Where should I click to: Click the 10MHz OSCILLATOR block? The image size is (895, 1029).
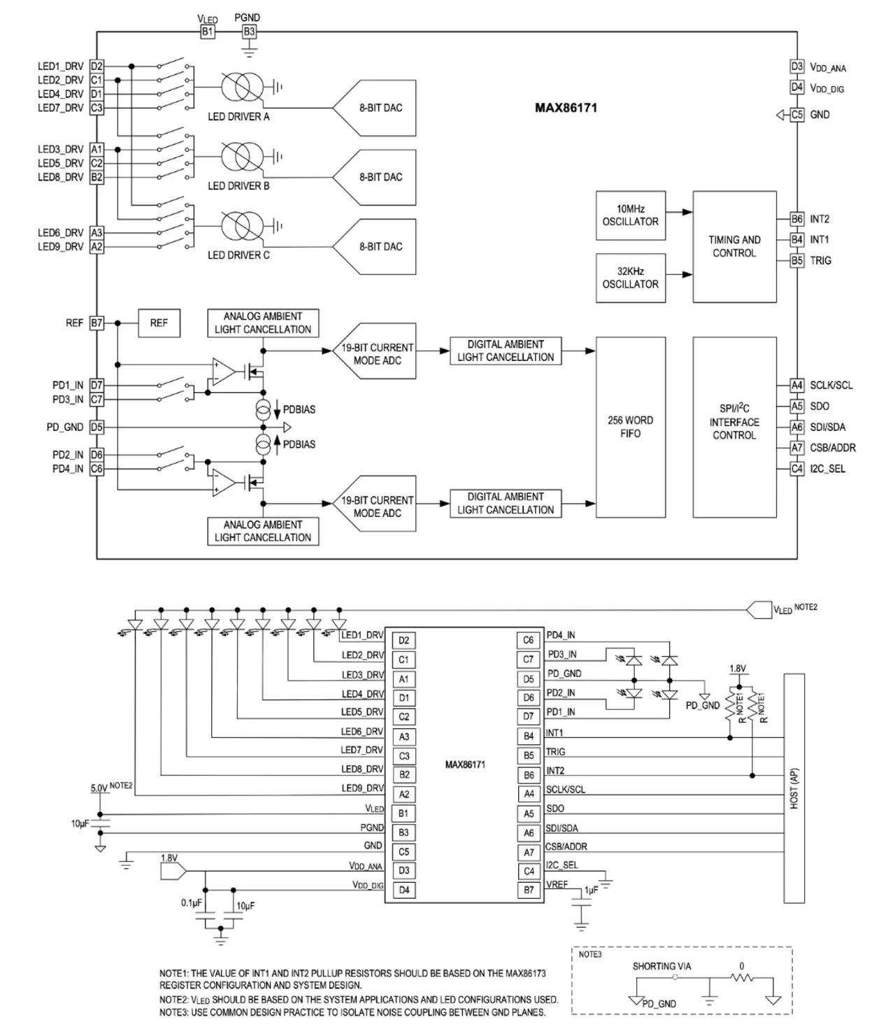click(x=630, y=215)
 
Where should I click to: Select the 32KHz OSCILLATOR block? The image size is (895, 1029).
click(x=630, y=278)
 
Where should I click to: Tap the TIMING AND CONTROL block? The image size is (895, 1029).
click(x=734, y=246)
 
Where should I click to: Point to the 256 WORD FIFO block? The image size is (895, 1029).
click(x=630, y=427)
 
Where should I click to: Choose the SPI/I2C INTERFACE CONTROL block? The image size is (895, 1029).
click(x=734, y=422)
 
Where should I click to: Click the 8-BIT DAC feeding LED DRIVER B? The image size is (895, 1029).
click(x=381, y=177)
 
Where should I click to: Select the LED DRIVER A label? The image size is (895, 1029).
click(x=238, y=117)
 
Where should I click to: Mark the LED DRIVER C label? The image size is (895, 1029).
click(x=238, y=255)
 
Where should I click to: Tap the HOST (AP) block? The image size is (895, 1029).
click(x=795, y=788)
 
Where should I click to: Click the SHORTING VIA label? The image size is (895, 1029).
click(x=661, y=966)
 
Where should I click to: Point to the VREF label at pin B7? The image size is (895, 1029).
click(x=557, y=885)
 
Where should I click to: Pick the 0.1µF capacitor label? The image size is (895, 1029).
click(x=191, y=903)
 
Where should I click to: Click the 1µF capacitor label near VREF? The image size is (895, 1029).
click(x=591, y=890)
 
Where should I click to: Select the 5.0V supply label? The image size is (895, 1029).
click(x=99, y=788)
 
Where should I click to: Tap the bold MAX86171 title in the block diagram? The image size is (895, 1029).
click(x=566, y=108)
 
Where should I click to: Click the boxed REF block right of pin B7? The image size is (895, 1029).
click(x=159, y=323)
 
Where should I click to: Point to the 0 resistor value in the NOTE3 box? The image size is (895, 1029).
click(x=742, y=966)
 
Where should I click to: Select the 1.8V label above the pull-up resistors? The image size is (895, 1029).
click(x=738, y=669)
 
